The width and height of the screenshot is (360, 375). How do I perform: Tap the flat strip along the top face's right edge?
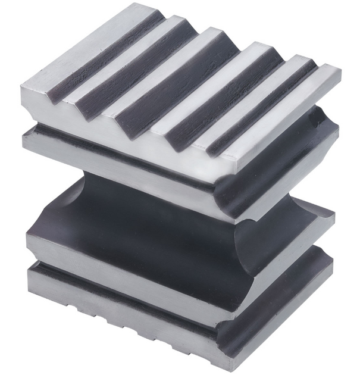280,119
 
